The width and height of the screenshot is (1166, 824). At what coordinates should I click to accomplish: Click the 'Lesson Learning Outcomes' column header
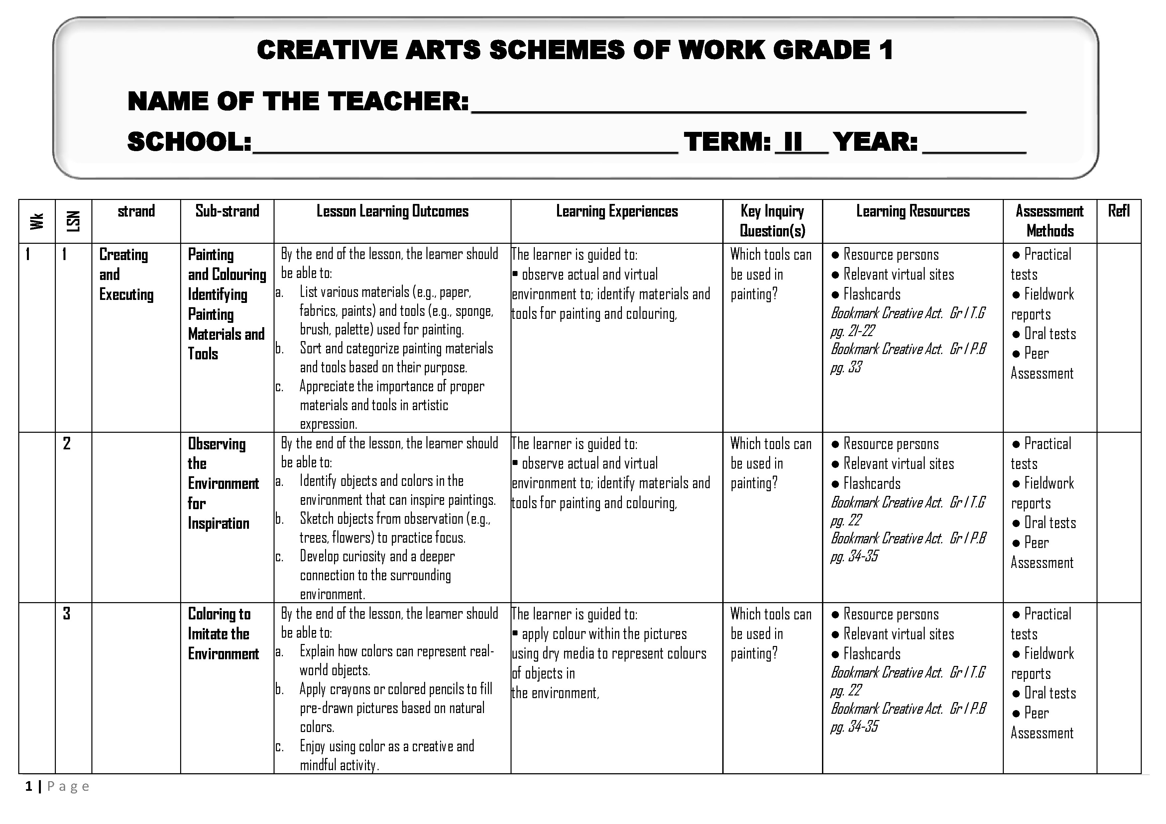pos(392,212)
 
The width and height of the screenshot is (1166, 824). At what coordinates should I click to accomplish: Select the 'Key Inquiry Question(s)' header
pos(772,221)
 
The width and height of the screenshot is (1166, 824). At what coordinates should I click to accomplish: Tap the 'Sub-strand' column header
pos(227,211)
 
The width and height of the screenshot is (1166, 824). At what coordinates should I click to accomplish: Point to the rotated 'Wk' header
pos(37,221)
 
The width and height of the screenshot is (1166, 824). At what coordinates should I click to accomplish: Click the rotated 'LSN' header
pos(73,221)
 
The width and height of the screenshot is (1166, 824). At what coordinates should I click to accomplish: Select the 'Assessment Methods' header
pos(1049,221)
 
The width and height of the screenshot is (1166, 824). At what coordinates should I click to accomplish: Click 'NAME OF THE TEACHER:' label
pos(298,101)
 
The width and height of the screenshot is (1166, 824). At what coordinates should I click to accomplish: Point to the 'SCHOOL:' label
pos(189,141)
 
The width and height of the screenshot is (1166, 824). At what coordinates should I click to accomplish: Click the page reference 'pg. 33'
pos(846,367)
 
